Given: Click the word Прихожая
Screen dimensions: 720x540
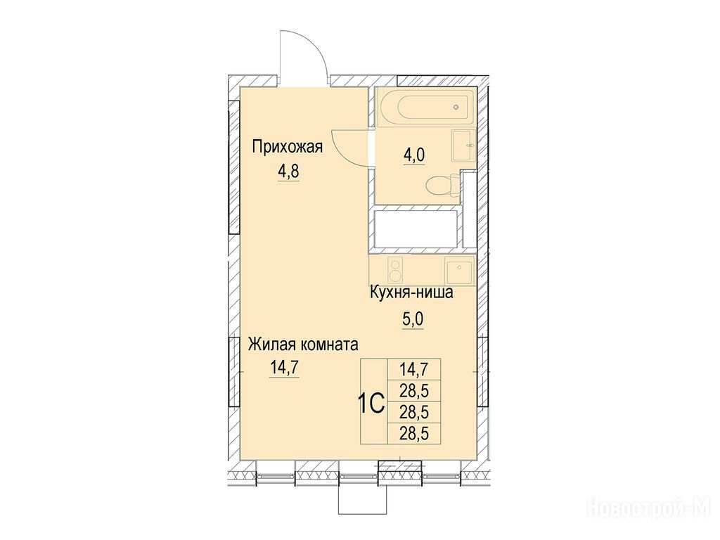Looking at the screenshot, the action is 288,147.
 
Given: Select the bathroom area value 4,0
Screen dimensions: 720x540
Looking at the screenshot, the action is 414,155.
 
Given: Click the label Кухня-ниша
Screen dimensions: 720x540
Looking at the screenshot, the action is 412,292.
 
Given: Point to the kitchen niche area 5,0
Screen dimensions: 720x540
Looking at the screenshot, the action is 412,319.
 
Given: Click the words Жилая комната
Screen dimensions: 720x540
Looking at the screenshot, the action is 303,345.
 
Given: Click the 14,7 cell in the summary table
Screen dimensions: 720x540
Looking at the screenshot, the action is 414,370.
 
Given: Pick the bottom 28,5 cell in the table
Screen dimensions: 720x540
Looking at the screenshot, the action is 414,433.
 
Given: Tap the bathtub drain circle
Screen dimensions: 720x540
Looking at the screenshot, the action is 456,107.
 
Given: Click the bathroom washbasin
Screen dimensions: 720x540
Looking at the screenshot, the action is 463,146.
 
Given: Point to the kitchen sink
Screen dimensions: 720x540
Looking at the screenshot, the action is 460,269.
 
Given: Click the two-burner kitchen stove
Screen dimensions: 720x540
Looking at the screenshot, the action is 395,269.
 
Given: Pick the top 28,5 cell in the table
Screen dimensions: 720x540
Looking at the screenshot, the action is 414,391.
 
